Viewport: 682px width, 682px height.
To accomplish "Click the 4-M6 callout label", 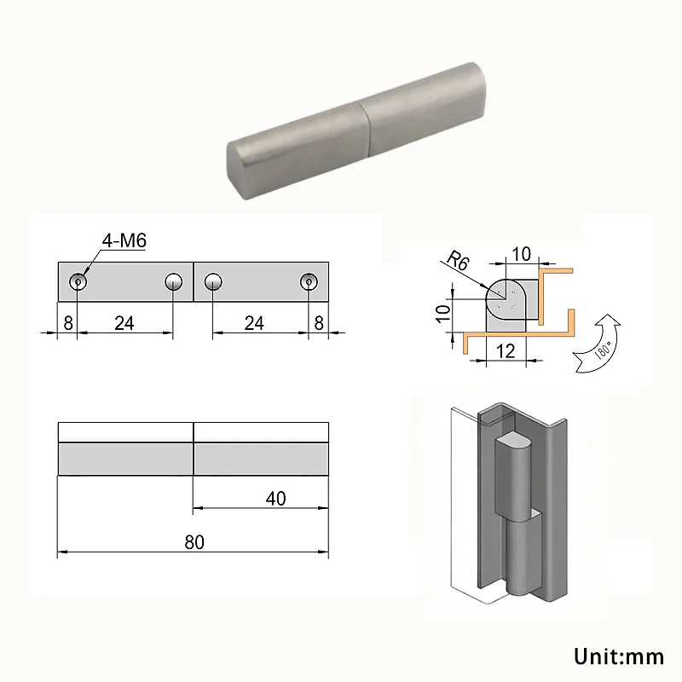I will coord(124,241).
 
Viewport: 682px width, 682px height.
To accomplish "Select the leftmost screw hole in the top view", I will coord(78,281).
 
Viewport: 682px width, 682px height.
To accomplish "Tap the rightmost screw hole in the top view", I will coord(309,281).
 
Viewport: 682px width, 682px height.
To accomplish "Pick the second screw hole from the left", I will coord(174,281).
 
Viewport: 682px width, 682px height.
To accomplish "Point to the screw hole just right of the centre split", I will coord(213,281).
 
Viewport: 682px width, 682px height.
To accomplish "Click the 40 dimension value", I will coord(275,499).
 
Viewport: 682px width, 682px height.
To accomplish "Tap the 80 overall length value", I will coord(194,543).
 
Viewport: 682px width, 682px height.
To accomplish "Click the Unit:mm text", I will coord(618,656).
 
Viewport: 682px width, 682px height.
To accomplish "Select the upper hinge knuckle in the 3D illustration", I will coord(513,473).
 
